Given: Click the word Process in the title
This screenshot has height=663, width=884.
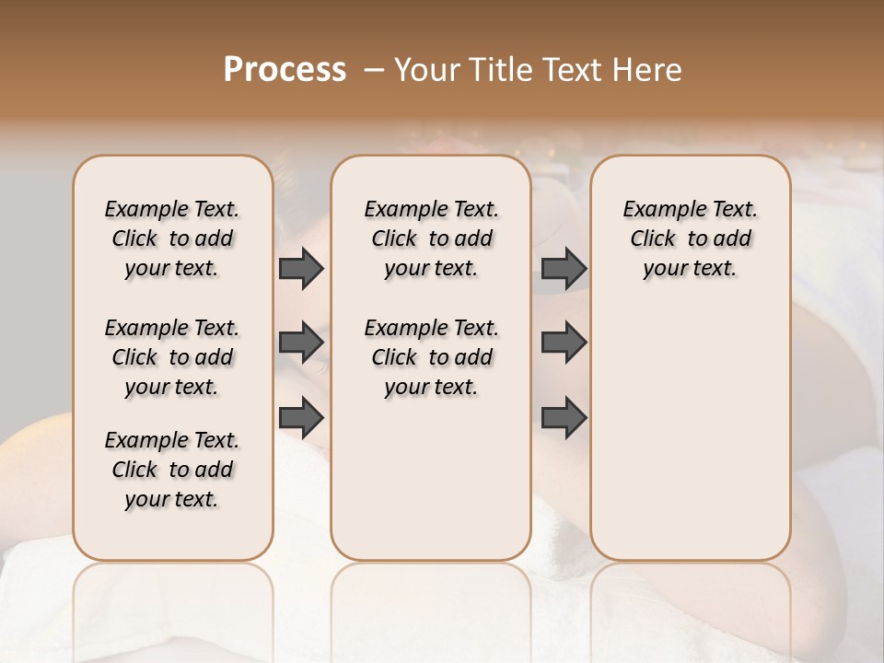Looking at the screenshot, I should click(x=285, y=70).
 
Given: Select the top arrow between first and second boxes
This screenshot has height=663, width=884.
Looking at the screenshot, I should click(x=301, y=268).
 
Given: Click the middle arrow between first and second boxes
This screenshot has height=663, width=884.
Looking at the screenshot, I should click(x=301, y=343).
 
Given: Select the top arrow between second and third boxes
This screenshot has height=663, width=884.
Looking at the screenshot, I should click(x=564, y=268).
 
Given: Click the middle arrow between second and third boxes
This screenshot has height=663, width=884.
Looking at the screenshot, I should click(x=564, y=343).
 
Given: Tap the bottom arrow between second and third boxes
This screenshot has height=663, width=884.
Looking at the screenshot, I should click(x=564, y=417).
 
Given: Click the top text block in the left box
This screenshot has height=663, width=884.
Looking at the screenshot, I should click(x=172, y=238).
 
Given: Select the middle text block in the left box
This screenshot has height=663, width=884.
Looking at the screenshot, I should click(x=172, y=357).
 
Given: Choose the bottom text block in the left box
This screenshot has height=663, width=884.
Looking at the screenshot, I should click(x=172, y=470).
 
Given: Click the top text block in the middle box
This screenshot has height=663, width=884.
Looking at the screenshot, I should click(x=431, y=238).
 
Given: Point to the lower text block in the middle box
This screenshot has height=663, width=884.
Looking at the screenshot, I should click(x=431, y=357).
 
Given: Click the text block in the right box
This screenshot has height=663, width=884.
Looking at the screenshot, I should click(x=691, y=238).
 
